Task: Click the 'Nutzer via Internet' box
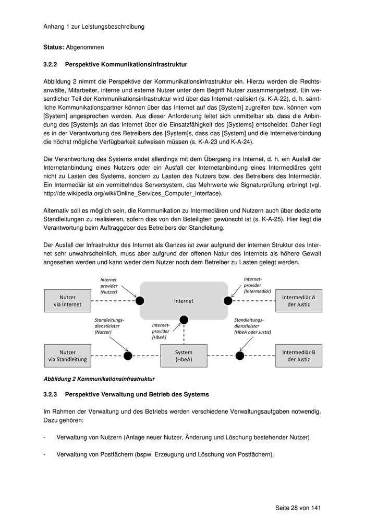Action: [x=68, y=301]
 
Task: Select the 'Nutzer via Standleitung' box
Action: [x=68, y=356]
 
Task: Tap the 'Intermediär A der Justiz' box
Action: [x=298, y=301]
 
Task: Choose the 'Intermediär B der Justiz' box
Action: [x=298, y=356]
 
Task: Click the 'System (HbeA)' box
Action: [x=184, y=356]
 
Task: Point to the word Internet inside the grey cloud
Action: [x=184, y=301]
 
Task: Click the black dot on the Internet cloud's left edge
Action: [x=140, y=300]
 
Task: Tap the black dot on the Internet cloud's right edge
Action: [x=228, y=300]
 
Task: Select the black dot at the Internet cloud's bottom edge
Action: [x=184, y=320]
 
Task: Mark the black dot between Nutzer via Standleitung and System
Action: [x=128, y=356]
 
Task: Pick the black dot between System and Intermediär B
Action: [x=240, y=356]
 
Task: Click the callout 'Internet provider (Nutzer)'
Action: [x=109, y=286]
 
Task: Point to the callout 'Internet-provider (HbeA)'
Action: [x=160, y=331]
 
